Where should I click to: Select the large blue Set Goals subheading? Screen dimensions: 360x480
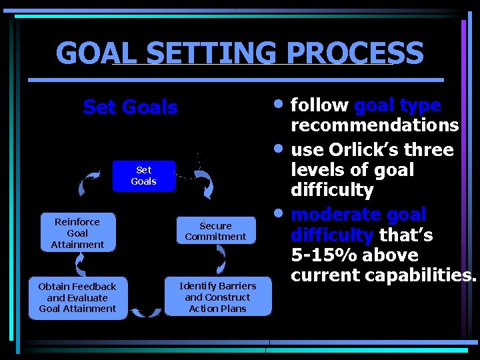point(130,107)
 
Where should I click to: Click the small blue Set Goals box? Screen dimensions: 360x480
point(143,176)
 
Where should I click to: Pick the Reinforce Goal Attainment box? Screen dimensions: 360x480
point(77,233)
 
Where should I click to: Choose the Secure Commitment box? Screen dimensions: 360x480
point(215,231)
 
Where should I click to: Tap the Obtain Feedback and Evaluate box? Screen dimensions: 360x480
point(77,297)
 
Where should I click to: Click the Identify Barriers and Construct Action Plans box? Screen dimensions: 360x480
point(217,297)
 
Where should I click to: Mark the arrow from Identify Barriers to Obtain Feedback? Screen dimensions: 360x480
point(145,311)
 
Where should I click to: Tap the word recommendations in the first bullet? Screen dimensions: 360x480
point(374,125)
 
